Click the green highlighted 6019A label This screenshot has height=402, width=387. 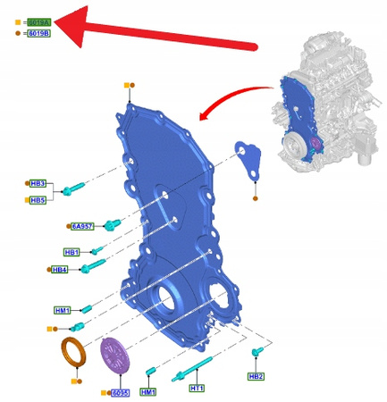pyautogui.click(x=39, y=21)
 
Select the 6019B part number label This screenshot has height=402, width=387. pyautogui.click(x=39, y=33)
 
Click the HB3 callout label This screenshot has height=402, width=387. pyautogui.click(x=38, y=183)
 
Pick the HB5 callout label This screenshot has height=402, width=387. pyautogui.click(x=38, y=200)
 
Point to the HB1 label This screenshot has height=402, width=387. pyautogui.click(x=72, y=253)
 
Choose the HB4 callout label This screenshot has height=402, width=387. pyautogui.click(x=60, y=269)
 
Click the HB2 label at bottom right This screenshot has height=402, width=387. pyautogui.click(x=257, y=376)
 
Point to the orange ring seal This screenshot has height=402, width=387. pyautogui.click(x=72, y=356)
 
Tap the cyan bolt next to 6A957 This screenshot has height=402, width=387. pyautogui.click(x=112, y=223)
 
